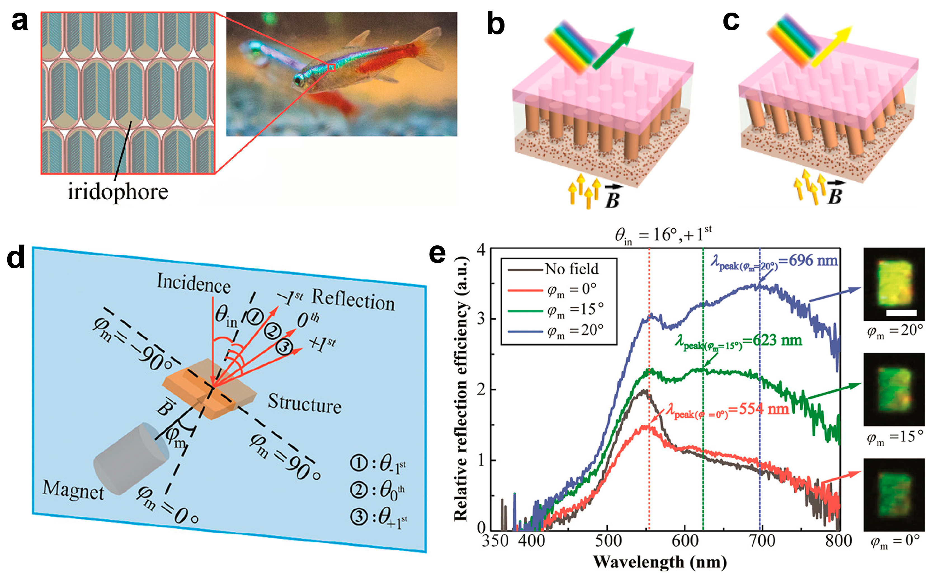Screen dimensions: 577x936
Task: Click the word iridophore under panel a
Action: pyautogui.click(x=118, y=192)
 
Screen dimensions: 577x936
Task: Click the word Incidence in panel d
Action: pyautogui.click(x=194, y=283)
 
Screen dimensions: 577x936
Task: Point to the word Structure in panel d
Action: pyautogui.click(x=304, y=403)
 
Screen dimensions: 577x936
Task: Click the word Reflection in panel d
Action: pyautogui.click(x=353, y=300)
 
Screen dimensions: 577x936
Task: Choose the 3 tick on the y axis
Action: pyautogui.click(x=481, y=319)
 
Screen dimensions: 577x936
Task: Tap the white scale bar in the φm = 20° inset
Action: pyautogui.click(x=901, y=313)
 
